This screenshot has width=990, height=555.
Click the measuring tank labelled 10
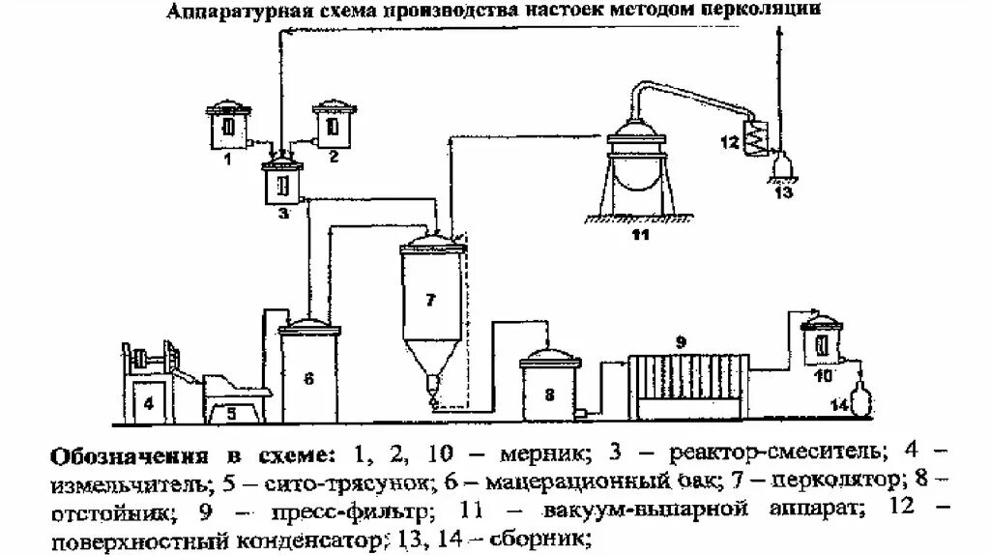pos(824,343)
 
